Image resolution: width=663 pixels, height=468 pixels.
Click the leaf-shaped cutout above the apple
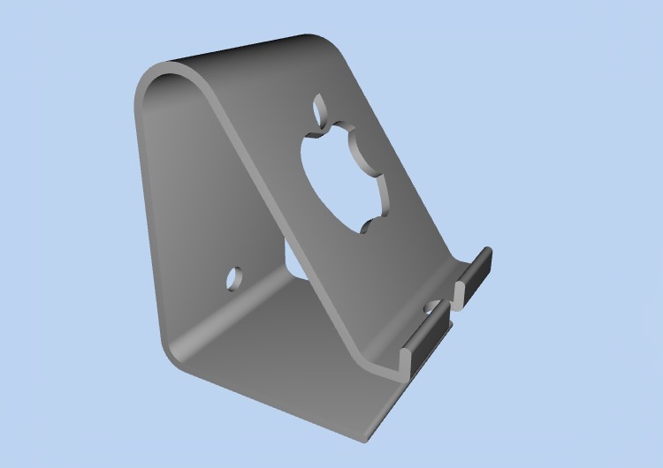click(x=319, y=109)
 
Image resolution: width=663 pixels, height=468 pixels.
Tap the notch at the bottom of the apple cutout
click(x=365, y=228)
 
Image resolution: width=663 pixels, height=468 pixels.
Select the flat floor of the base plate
click(x=283, y=353)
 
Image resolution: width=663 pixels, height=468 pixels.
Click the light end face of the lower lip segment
click(x=408, y=360)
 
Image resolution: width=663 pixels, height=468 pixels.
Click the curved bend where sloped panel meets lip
click(x=389, y=362)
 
